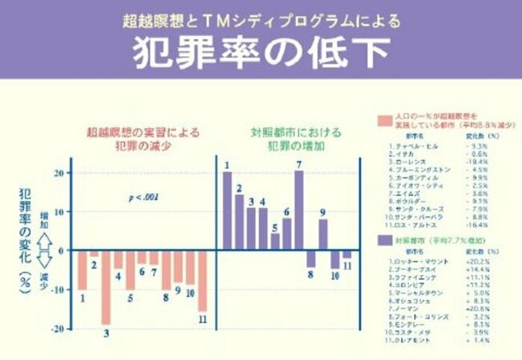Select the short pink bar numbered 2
point(94,254)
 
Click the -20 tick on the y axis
point(58,328)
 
